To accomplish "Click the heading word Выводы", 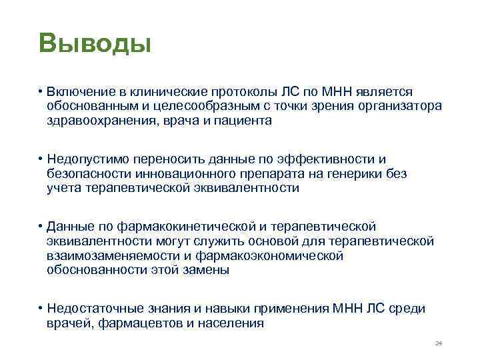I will (x=95, y=45).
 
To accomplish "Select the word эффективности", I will (x=326, y=159).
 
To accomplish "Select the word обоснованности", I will (x=92, y=271).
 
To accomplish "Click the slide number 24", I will (x=438, y=343).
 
